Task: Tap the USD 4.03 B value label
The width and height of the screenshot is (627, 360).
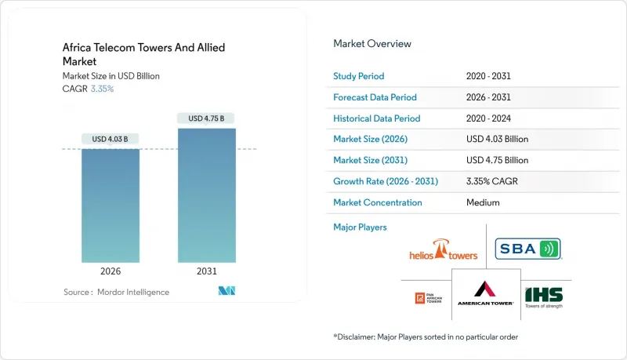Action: (111, 139)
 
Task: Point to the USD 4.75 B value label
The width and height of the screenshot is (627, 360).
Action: (206, 118)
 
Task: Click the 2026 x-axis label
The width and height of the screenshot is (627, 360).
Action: (111, 271)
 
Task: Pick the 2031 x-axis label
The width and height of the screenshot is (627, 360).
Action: (206, 271)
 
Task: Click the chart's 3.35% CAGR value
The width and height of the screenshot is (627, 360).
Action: (102, 89)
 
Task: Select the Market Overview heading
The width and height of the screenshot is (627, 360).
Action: (372, 43)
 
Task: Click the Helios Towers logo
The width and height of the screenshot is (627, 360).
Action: (444, 252)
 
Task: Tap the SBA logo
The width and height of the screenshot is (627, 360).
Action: (528, 250)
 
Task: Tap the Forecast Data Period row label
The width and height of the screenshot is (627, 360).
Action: (375, 97)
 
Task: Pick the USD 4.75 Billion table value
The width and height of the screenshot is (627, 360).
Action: (498, 160)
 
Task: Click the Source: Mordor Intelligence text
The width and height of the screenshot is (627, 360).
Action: (116, 292)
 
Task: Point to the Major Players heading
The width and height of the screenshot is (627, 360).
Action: (360, 227)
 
